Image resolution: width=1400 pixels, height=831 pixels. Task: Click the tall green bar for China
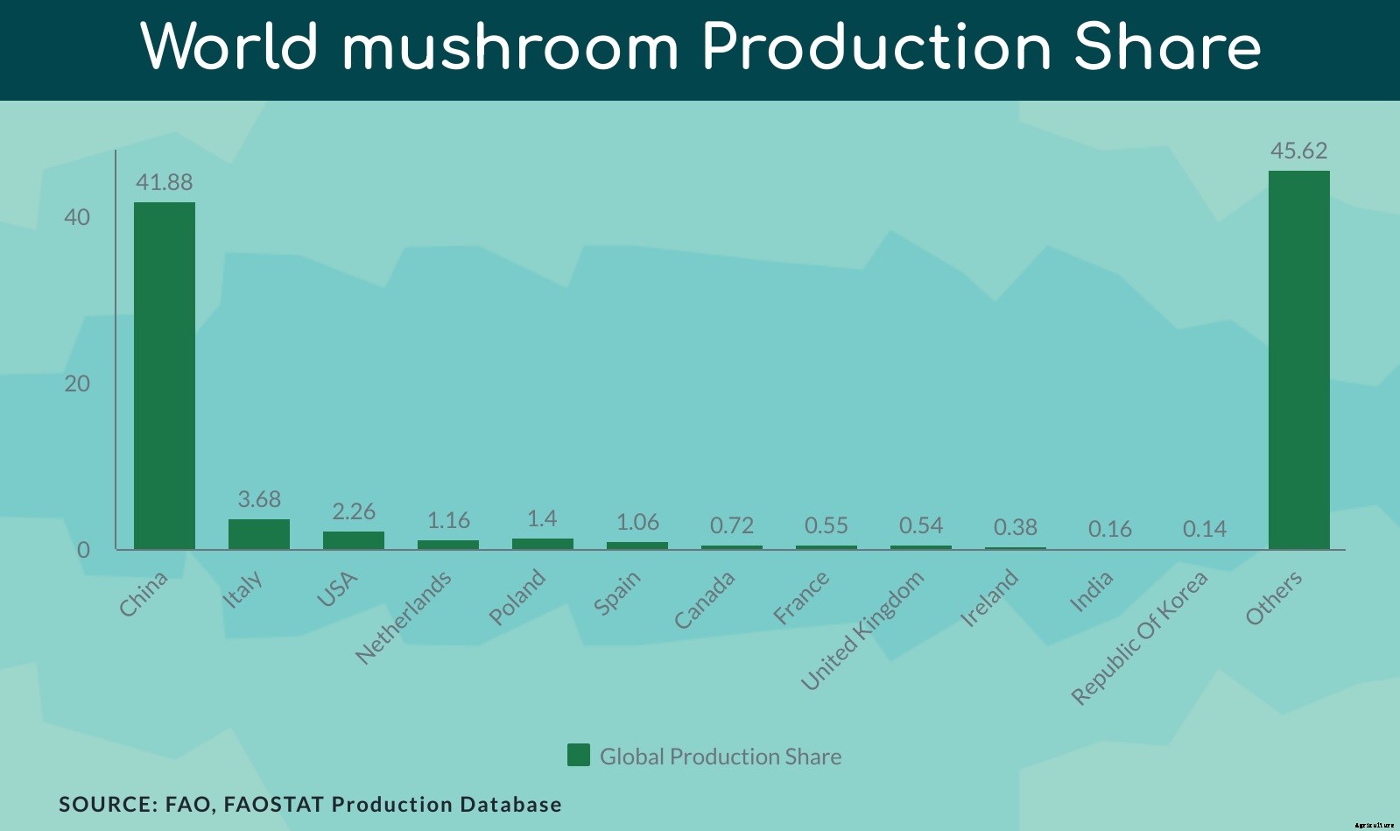pos(165,376)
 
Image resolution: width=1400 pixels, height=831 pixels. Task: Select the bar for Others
pos(1298,360)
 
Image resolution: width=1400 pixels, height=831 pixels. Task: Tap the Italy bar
pos(259,534)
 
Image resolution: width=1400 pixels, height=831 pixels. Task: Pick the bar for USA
pos(354,540)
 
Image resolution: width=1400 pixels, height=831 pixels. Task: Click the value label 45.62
pos(1298,151)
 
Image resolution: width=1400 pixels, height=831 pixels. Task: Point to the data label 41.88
pos(164,182)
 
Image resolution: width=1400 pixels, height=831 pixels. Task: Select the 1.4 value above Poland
pos(542,518)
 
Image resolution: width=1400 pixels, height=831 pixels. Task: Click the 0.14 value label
pos(1204,529)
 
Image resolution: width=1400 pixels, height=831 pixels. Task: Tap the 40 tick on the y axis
pos(77,217)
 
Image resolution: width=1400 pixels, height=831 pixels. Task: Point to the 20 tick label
pos(77,384)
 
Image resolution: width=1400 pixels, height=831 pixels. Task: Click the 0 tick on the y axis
pos(83,550)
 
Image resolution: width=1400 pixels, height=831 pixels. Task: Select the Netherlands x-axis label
pos(404,616)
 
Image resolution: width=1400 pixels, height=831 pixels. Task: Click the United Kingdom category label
pos(862,630)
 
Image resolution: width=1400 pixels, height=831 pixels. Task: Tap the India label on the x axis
pos(1091,591)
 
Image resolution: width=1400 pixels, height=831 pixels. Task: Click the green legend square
pos(579,755)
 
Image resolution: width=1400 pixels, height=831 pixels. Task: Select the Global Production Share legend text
pos(720,757)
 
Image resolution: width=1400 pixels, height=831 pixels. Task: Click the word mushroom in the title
pos(510,47)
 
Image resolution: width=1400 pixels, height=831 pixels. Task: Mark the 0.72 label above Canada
pos(731,525)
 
